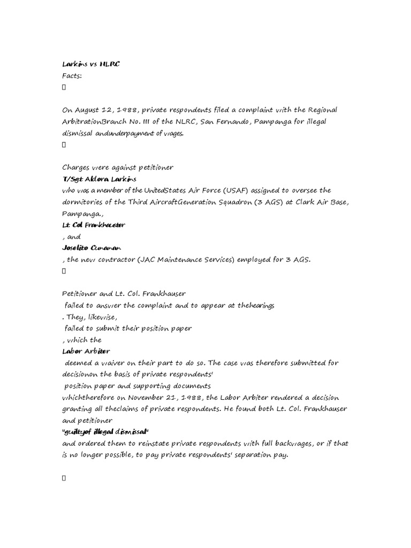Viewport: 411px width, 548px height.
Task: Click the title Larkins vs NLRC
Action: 91,64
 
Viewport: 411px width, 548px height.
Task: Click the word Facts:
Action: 72,75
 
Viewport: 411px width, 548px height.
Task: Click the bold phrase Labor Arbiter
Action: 86,351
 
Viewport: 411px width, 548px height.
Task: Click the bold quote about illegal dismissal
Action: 105,432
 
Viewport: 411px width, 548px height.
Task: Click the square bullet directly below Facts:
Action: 64,87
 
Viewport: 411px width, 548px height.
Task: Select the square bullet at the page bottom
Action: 64,478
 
